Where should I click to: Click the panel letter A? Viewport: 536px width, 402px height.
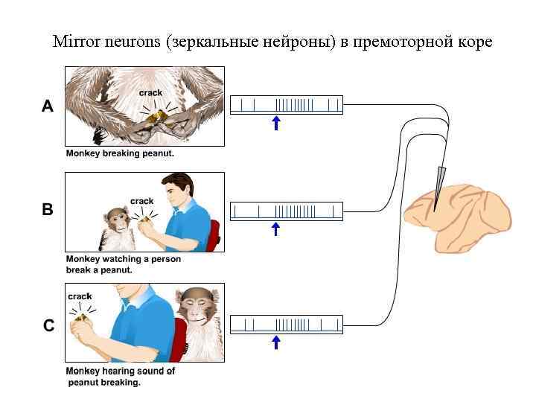(x=48, y=106)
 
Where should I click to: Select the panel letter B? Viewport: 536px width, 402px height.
(x=48, y=210)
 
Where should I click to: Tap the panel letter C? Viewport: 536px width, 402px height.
(x=48, y=325)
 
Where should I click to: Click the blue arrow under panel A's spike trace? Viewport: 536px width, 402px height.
(x=276, y=123)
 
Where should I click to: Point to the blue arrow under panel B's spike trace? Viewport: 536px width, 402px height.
(x=276, y=229)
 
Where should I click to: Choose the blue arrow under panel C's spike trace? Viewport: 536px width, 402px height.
(x=276, y=342)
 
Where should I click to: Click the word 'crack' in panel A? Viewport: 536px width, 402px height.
(x=150, y=93)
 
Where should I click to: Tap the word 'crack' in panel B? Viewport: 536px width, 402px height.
(x=141, y=201)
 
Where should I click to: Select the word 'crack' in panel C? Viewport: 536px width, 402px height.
(x=80, y=296)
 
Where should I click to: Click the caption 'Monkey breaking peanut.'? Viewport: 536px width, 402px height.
(x=120, y=153)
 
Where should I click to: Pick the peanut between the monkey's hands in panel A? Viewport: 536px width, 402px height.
(x=155, y=116)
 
